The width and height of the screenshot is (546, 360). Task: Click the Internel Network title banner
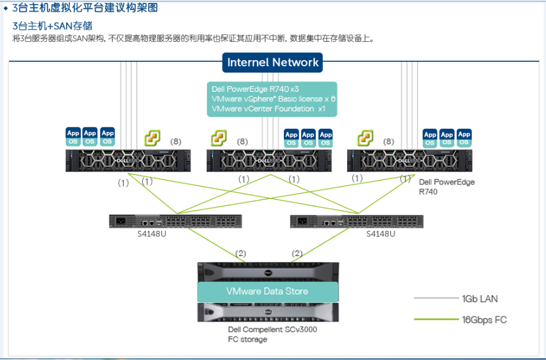(x=273, y=63)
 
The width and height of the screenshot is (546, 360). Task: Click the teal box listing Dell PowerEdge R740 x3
(x=272, y=99)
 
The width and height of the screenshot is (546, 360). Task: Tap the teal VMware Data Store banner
(x=268, y=292)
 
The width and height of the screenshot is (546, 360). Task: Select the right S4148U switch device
(x=357, y=221)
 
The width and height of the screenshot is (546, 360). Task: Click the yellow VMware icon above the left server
(x=153, y=139)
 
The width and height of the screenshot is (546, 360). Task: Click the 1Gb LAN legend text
(x=480, y=299)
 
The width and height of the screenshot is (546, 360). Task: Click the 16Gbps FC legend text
(x=484, y=320)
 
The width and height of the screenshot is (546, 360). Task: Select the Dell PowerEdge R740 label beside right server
(x=446, y=186)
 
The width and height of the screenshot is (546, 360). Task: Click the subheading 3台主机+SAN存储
(x=53, y=26)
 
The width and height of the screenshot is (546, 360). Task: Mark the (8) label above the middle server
(x=243, y=142)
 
